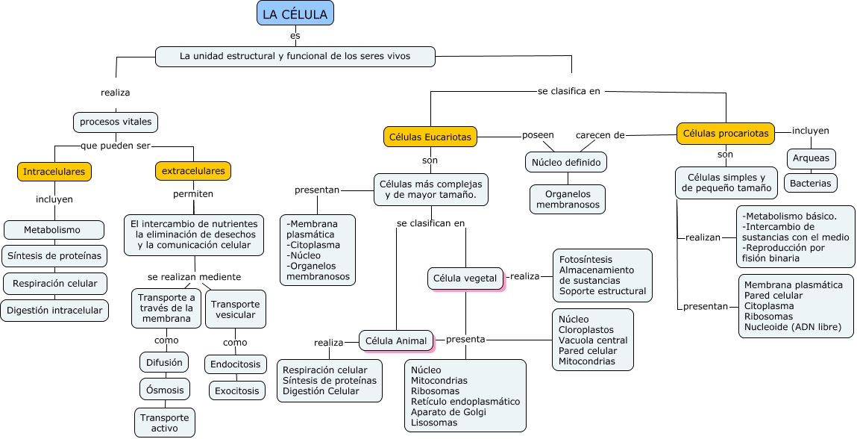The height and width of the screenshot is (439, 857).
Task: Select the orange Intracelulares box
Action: pyautogui.click(x=54, y=172)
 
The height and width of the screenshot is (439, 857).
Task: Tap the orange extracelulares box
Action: pyautogui.click(x=193, y=171)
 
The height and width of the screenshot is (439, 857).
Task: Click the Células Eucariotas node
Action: pyautogui.click(x=430, y=137)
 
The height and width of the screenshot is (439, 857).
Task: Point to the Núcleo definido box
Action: pyautogui.click(x=566, y=161)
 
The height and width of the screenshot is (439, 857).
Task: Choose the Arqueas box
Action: pyautogui.click(x=811, y=158)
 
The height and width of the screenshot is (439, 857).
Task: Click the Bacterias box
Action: pyautogui.click(x=811, y=183)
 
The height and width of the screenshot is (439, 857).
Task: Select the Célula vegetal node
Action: pyautogui.click(x=465, y=278)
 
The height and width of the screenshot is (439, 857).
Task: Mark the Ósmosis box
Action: pyautogui.click(x=164, y=389)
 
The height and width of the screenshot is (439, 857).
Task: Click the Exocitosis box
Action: pyautogui.click(x=236, y=390)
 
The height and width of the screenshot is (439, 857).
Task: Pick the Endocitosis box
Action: pyautogui.click(x=236, y=364)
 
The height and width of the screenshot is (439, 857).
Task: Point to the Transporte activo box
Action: pyautogui.click(x=165, y=423)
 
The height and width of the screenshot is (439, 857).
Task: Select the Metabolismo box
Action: pyautogui.click(x=52, y=230)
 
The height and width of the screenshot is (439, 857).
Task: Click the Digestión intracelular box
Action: pyautogui.click(x=54, y=311)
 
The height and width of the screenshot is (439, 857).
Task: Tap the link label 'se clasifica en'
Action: pyautogui.click(x=568, y=91)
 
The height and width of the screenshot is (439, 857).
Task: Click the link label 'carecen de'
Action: pyautogui.click(x=600, y=135)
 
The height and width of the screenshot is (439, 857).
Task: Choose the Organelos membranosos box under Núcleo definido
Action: pyautogui.click(x=568, y=199)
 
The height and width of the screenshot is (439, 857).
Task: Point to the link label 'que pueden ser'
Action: pyautogui.click(x=115, y=145)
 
